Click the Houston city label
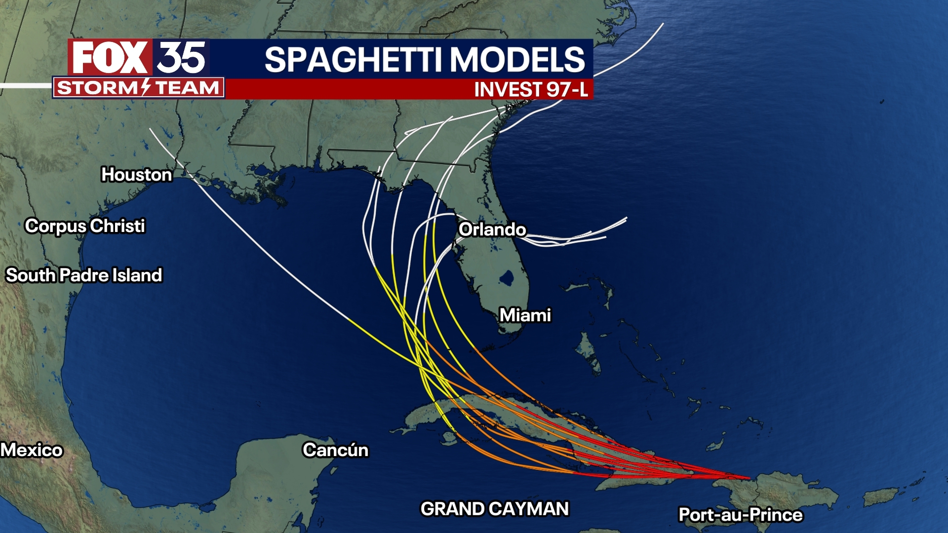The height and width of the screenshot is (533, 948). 136,175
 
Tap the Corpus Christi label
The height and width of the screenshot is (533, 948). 85,226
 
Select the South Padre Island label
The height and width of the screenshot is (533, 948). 84,275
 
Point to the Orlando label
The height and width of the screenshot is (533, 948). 492,229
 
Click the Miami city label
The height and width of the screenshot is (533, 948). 525,315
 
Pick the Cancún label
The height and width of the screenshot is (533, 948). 335,450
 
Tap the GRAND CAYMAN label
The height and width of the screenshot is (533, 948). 495,509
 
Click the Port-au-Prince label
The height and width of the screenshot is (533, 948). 741,515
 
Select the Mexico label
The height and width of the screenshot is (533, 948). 32,450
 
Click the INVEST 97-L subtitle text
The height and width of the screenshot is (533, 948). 531,90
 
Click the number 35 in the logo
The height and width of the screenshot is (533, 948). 181,58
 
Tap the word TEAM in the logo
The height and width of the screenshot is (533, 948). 187,88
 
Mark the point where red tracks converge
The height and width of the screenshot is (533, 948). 749,478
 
